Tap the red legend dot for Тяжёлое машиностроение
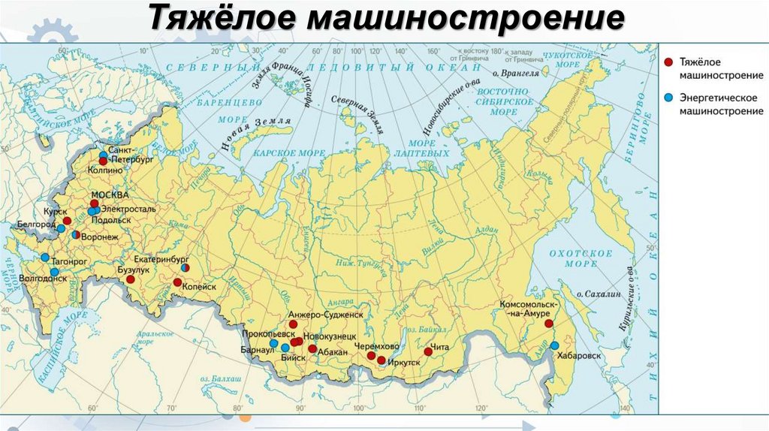668,62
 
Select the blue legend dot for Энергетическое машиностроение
668,97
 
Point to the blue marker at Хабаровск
554,345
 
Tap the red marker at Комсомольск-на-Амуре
549,324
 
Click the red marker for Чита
428,351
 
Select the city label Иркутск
406,362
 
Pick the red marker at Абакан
312,349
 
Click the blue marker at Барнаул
274,344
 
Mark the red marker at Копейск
177,282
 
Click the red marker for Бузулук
130,279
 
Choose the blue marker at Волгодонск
54,272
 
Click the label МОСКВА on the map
105,194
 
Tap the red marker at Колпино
103,161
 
